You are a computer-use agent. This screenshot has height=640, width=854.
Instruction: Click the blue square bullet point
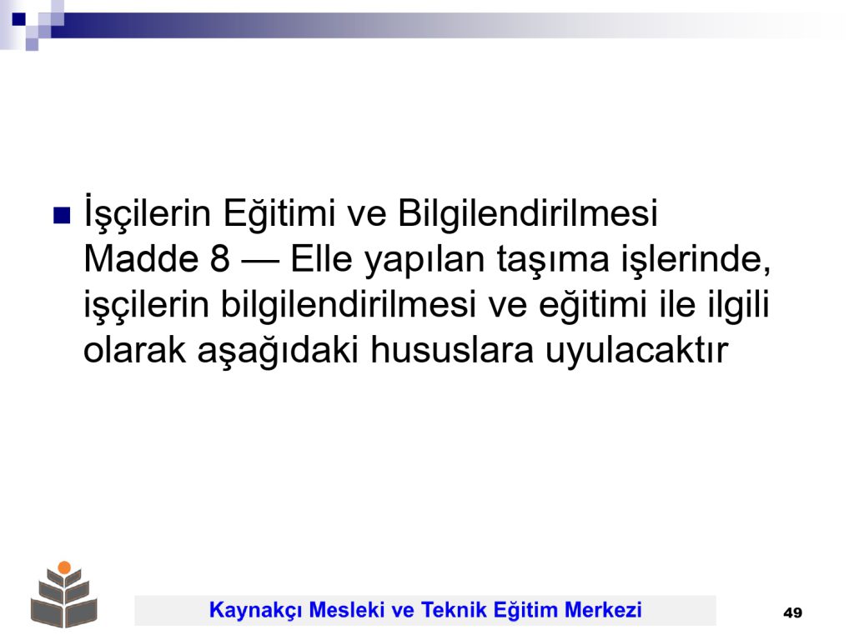coord(62,216)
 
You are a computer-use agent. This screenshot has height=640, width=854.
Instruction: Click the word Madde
coord(140,258)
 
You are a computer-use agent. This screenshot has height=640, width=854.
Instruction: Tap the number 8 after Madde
coord(219,258)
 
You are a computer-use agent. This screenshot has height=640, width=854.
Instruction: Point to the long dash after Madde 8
coord(260,261)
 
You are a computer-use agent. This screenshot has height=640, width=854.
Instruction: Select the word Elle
coord(321,258)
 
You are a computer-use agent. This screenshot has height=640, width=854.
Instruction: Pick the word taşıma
coord(553,261)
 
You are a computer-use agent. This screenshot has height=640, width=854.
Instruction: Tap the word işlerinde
coord(696,261)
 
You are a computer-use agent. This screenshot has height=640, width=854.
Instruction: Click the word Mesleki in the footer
coord(347,609)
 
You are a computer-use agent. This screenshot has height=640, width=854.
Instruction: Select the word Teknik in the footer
coord(454,609)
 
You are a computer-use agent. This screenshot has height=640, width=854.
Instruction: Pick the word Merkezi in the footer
coord(604,609)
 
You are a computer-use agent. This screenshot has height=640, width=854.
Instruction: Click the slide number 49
coord(792,612)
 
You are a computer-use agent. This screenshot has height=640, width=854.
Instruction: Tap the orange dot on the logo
coord(64,567)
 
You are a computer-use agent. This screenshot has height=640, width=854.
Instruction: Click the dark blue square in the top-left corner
coord(18,19)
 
